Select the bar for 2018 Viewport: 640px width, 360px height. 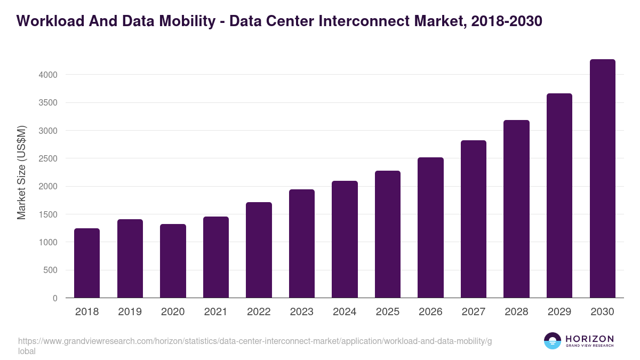pyautogui.click(x=87, y=263)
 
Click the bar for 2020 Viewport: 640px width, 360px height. pyautogui.click(x=173, y=261)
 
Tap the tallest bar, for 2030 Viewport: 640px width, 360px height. pyautogui.click(x=603, y=179)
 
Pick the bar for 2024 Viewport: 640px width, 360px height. pyautogui.click(x=345, y=239)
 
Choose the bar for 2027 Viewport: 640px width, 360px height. pyautogui.click(x=474, y=219)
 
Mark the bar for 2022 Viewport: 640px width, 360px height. pyautogui.click(x=259, y=250)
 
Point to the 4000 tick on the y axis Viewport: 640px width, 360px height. pyautogui.click(x=46, y=75)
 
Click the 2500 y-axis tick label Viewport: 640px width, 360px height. pyautogui.click(x=46, y=158)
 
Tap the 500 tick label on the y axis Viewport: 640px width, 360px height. pyautogui.click(x=50, y=270)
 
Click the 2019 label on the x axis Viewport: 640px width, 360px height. pyautogui.click(x=130, y=312)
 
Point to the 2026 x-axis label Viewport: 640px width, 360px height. pyautogui.click(x=430, y=312)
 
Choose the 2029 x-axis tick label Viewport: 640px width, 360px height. pyautogui.click(x=559, y=312)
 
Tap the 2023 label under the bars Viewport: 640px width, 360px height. pyautogui.click(x=302, y=312)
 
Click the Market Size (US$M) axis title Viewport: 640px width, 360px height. pyautogui.click(x=21, y=172)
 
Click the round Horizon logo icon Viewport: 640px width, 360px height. pyautogui.click(x=553, y=341)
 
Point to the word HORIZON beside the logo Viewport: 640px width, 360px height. pyautogui.click(x=589, y=339)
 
